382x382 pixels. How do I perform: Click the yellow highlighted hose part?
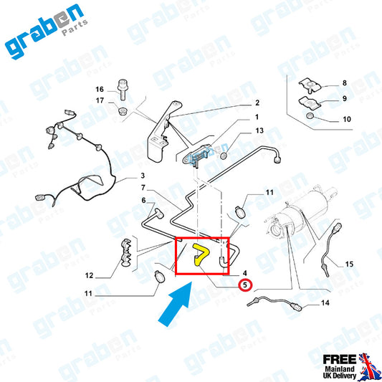[x=201, y=254]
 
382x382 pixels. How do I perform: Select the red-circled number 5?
[x=245, y=285]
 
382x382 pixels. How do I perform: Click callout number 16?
[x=100, y=90]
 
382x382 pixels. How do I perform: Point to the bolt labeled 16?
[x=123, y=89]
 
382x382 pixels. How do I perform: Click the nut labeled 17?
[x=122, y=111]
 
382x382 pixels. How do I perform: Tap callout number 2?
[x=257, y=102]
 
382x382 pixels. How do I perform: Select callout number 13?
[x=259, y=130]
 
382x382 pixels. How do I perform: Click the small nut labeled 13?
[x=224, y=156]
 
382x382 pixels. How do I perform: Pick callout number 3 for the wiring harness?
[x=143, y=176]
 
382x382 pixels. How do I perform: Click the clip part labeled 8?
[x=310, y=85]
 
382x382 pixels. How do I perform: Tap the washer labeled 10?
[x=310, y=115]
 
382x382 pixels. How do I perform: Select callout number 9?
[x=345, y=98]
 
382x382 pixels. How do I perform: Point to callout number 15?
[x=349, y=264]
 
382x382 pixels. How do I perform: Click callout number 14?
[x=325, y=303]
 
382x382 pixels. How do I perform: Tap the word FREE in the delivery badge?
[x=340, y=360]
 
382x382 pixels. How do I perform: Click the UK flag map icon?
[x=368, y=366]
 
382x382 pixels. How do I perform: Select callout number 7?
[x=143, y=188]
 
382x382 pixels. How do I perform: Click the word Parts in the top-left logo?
[x=75, y=27]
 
